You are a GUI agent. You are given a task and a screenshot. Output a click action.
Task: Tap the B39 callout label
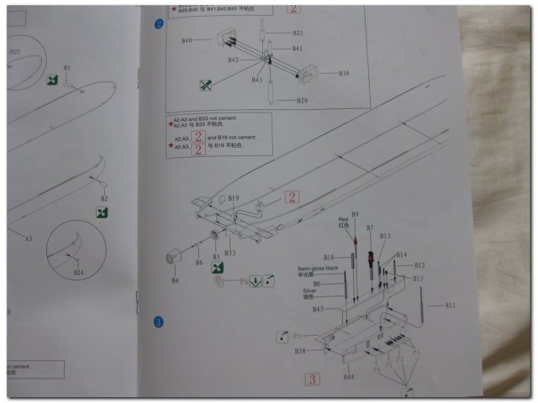tap(344, 74)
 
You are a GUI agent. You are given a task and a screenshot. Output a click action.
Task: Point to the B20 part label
tap(301, 101)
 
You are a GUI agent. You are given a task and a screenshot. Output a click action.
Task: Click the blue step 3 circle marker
tap(156, 322)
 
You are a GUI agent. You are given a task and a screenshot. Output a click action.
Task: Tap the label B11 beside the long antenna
tap(451, 305)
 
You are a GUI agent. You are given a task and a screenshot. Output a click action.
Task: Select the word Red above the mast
tap(342, 220)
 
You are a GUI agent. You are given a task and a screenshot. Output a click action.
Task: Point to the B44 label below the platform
tap(349, 377)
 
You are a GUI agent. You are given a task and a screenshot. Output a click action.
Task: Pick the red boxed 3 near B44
tap(312, 379)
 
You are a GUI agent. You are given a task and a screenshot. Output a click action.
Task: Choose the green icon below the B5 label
tap(218, 268)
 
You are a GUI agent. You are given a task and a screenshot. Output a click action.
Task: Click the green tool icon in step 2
tap(204, 85)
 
